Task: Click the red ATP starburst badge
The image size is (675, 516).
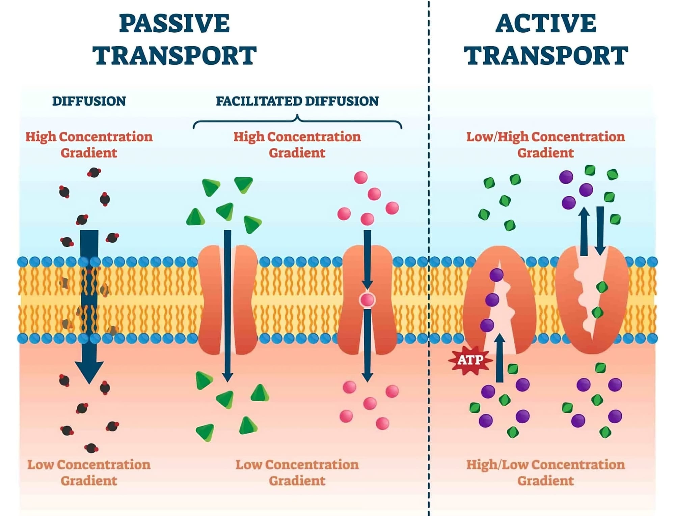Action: click(470, 360)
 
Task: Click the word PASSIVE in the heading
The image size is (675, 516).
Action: click(174, 24)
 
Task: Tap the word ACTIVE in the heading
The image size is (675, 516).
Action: click(546, 24)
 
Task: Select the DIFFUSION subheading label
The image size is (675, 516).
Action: click(89, 101)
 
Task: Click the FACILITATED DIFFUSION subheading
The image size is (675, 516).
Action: click(297, 101)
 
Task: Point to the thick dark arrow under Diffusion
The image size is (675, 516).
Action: click(89, 304)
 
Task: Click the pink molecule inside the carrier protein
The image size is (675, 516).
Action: click(367, 299)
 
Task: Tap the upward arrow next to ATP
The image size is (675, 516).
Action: click(500, 357)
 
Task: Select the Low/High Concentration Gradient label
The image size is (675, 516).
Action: click(545, 144)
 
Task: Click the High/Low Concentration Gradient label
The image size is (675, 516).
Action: click(545, 472)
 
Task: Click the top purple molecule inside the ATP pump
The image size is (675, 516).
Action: click(496, 275)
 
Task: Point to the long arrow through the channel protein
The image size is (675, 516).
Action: click(227, 304)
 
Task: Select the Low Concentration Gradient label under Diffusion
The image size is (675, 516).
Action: click(89, 472)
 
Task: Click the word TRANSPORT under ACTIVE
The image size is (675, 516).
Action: click(546, 56)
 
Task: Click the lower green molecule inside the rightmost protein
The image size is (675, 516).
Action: click(597, 312)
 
